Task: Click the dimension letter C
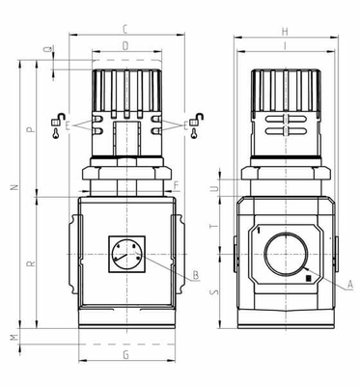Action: click(x=125, y=30)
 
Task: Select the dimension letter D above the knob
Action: click(x=125, y=46)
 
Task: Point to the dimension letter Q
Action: click(x=48, y=49)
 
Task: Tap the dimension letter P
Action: click(x=31, y=129)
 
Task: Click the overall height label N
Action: click(x=14, y=187)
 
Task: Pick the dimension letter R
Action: click(x=31, y=263)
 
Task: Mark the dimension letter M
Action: click(x=14, y=338)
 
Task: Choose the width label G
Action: click(x=125, y=355)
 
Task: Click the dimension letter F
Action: click(x=176, y=185)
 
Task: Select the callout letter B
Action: click(x=196, y=275)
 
